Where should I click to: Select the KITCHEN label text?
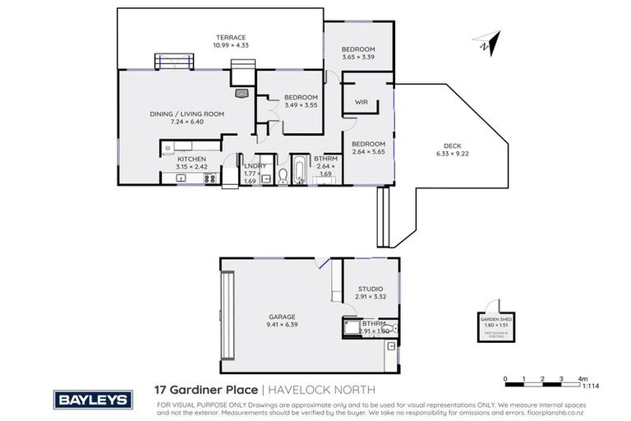click(x=191, y=159)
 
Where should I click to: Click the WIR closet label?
click(x=361, y=102)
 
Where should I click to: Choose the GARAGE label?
click(x=281, y=316)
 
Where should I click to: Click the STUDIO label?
click(x=370, y=289)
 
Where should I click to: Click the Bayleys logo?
click(x=92, y=399)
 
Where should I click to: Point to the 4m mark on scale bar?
click(x=582, y=380)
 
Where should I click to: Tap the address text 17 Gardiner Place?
click(x=205, y=391)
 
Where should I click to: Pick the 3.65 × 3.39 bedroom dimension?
click(x=358, y=58)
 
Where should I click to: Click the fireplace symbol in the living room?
click(x=242, y=94)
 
